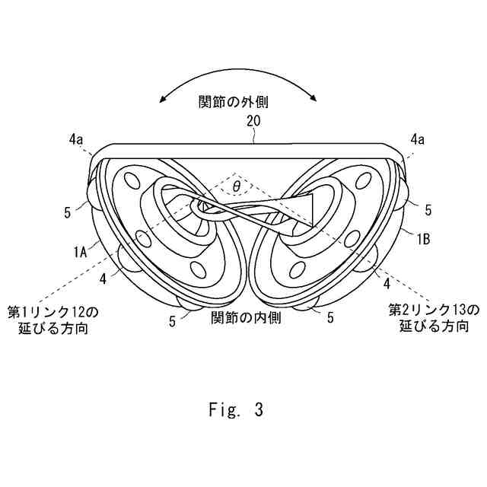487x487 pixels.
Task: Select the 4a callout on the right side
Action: click(417, 139)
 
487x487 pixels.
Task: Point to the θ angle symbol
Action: click(236, 185)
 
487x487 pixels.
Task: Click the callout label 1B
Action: click(423, 238)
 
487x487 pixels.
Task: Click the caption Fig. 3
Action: click(236, 411)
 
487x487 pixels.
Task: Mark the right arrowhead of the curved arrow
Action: click(315, 97)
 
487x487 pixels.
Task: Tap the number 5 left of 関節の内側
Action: click(173, 321)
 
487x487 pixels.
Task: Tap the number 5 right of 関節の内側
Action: click(330, 318)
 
